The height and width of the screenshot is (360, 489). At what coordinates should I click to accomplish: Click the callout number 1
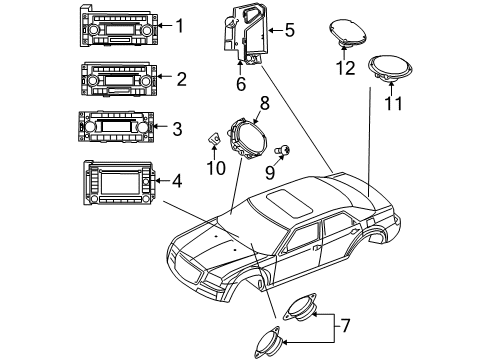pyautogui.click(x=180, y=26)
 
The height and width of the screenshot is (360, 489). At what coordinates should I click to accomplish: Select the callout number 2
pyautogui.click(x=180, y=78)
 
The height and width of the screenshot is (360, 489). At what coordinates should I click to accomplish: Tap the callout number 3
pyautogui.click(x=177, y=129)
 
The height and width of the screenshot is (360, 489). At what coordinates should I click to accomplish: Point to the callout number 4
pyautogui.click(x=177, y=182)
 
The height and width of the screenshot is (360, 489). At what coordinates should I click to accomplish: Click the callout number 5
pyautogui.click(x=289, y=30)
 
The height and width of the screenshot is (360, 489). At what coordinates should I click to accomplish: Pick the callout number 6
pyautogui.click(x=240, y=85)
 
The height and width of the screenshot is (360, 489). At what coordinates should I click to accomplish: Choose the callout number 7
pyautogui.click(x=347, y=325)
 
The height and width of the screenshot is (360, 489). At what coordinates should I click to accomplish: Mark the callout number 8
pyautogui.click(x=265, y=103)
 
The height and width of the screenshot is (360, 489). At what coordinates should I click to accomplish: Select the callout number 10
pyautogui.click(x=211, y=168)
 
